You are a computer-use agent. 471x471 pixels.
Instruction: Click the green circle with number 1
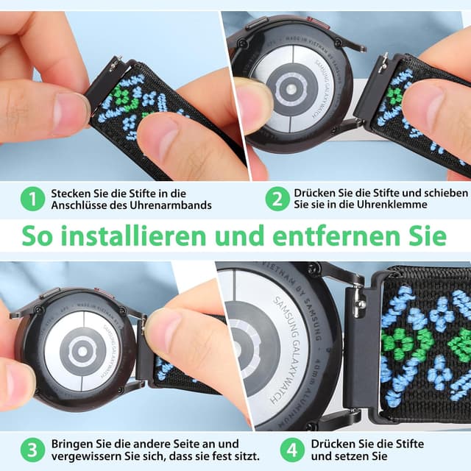32,199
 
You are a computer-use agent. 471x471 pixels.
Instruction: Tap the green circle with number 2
277,199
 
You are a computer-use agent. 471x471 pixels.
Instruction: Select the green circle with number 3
32,450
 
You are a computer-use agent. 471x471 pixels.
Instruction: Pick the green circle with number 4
292,450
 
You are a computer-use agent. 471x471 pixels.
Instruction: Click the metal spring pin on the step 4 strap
358,301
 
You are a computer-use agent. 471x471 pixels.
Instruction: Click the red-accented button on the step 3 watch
101,293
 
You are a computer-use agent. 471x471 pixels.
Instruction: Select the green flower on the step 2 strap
396,96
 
